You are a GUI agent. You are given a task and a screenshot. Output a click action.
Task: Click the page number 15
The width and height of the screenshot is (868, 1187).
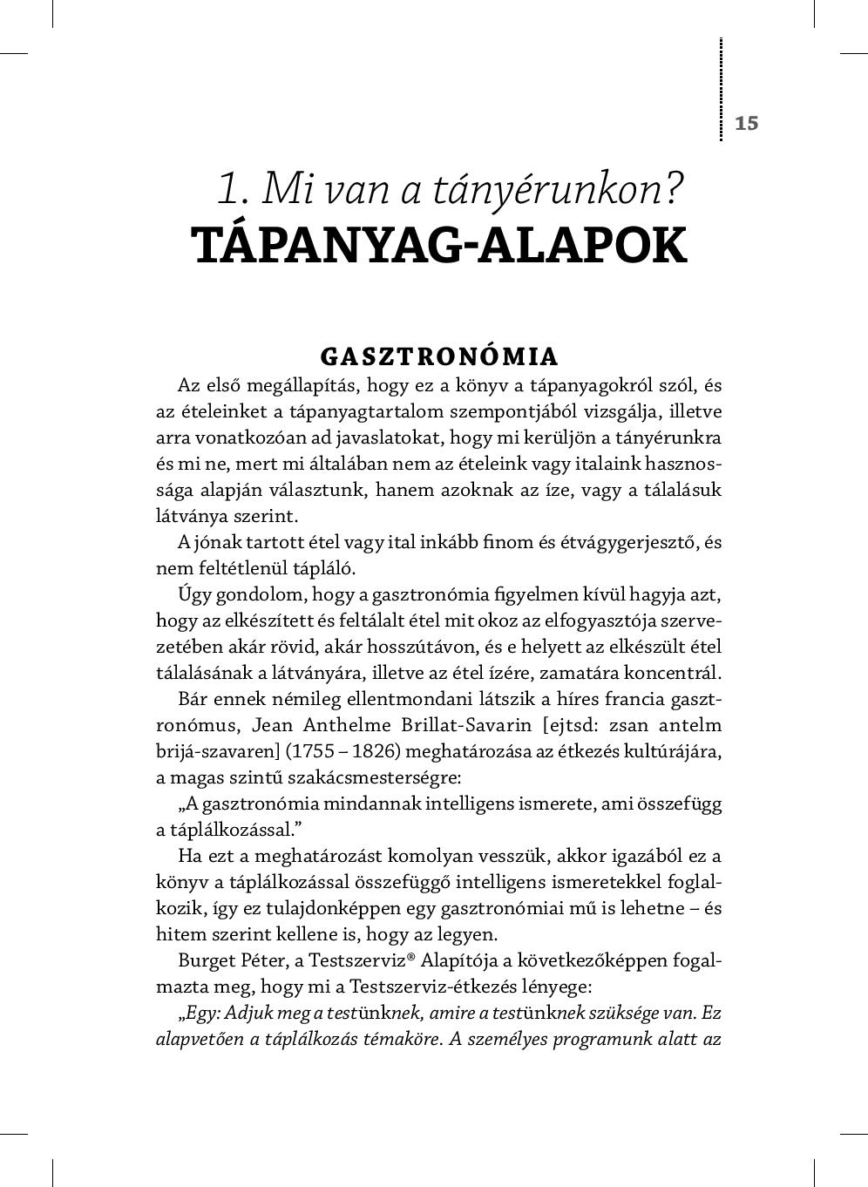tap(747, 123)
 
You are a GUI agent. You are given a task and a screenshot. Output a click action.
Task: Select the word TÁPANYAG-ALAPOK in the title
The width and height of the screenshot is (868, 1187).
tap(439, 246)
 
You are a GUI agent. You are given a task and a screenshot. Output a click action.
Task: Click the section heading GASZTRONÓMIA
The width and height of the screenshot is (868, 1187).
tap(439, 356)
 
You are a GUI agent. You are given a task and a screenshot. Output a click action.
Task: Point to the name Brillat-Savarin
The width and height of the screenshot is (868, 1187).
tap(458, 725)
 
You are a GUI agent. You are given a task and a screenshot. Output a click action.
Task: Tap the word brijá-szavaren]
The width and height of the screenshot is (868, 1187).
tap(217, 751)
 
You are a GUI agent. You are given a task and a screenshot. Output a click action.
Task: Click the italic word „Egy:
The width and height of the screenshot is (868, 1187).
tap(200, 1014)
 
